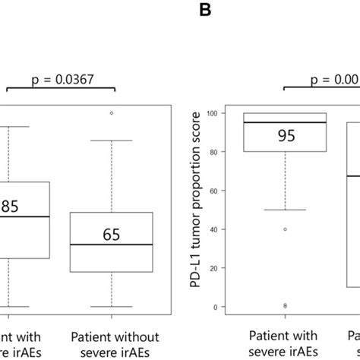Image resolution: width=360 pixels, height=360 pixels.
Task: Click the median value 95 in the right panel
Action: coord(286,137)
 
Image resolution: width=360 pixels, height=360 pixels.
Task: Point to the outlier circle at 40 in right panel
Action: coord(286,229)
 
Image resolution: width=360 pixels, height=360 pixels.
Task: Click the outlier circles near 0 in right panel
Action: coord(286,305)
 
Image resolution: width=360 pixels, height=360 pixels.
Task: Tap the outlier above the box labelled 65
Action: coord(112,113)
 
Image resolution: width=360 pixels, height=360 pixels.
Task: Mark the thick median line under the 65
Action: coord(112,245)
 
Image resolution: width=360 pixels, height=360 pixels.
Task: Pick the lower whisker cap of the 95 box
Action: coord(286,210)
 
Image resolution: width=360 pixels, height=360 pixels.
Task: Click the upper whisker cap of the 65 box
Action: coord(112,141)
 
